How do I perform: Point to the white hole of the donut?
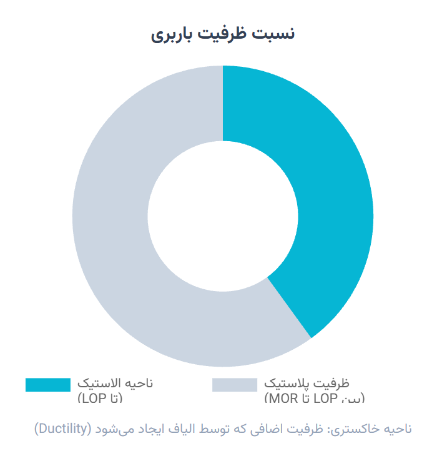click(x=223, y=216)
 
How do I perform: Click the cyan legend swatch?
click(x=48, y=385)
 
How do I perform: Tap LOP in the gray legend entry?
click(x=324, y=398)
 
